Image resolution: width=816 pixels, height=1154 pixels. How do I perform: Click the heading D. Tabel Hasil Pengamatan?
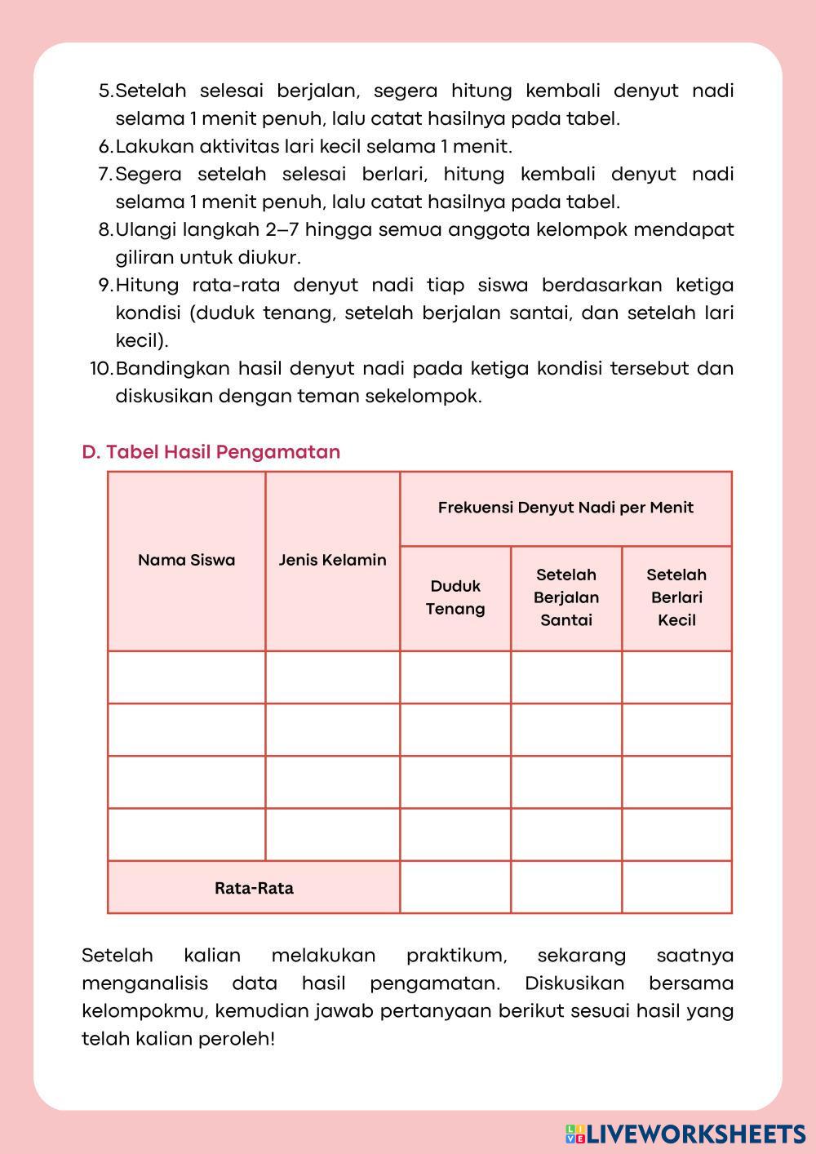coord(211,452)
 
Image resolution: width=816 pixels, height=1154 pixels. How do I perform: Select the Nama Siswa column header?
coord(186,560)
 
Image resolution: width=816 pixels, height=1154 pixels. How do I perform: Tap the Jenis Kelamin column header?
coord(332,560)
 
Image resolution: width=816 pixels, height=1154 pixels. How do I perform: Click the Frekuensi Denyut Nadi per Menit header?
coord(565,508)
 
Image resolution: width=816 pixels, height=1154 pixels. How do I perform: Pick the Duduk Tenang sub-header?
coord(455,597)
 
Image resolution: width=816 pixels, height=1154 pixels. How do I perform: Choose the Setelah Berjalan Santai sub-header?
coord(566,597)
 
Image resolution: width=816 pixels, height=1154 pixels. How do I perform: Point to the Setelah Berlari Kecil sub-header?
coord(676,597)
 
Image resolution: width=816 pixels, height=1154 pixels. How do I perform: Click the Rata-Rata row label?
coord(254,888)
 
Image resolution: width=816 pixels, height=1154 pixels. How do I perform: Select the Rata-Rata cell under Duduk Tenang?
coord(455,887)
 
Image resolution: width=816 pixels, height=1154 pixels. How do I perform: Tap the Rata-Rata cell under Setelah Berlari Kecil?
coord(676,887)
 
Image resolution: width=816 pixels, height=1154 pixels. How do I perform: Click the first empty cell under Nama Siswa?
coord(186,677)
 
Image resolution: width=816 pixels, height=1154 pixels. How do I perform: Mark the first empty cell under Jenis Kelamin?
coord(332,677)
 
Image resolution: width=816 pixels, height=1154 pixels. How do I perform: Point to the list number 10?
coord(100,369)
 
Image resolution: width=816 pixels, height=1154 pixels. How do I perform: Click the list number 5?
coord(105,91)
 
